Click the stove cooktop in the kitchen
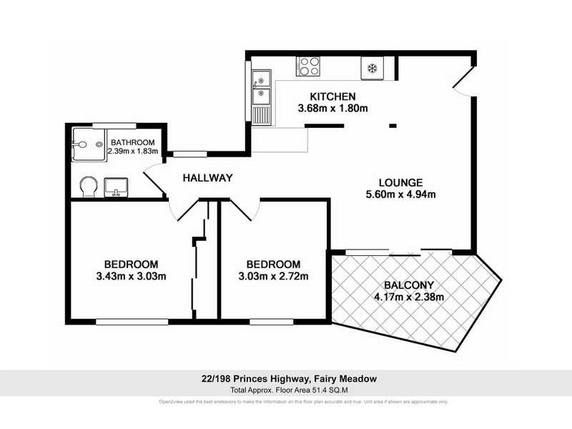308,66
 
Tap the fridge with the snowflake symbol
372,68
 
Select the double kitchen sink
260,87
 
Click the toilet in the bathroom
88,187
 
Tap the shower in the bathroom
87,144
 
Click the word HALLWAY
207,178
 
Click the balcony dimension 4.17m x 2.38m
408,297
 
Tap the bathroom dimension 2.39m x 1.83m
131,152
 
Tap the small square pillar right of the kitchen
392,126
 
